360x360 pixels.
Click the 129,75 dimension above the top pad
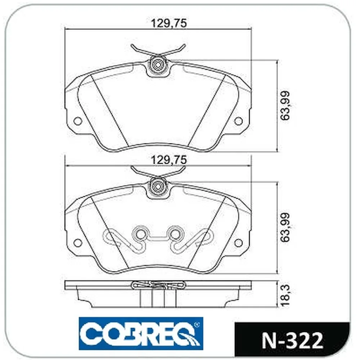[168, 23]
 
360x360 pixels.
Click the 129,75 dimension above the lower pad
[168, 160]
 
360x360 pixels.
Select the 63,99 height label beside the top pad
[285, 105]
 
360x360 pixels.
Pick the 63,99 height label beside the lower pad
[285, 228]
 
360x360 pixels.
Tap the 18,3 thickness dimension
[285, 295]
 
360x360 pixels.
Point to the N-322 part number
[292, 341]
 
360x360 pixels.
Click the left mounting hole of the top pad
[78, 121]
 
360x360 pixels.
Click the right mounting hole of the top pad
[239, 121]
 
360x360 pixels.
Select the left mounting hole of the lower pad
[78, 243]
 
